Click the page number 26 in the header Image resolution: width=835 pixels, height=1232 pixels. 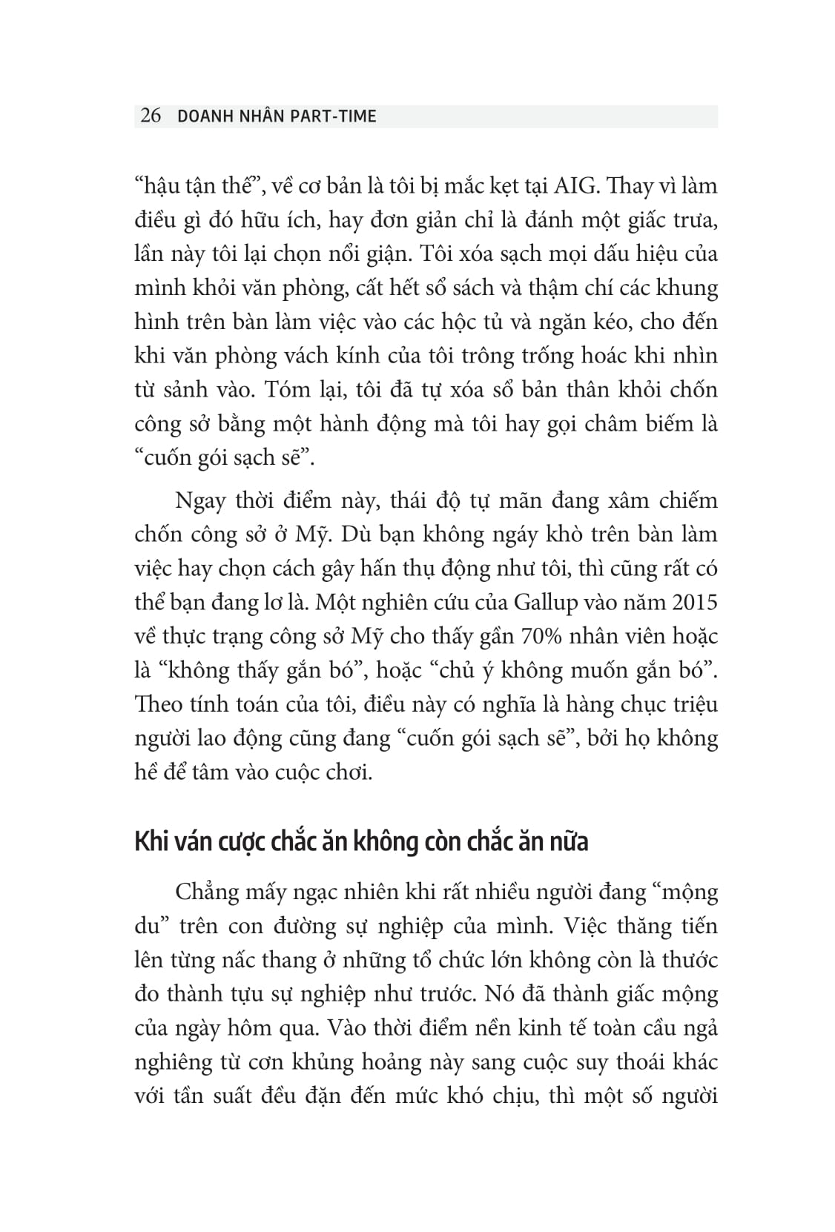click(151, 116)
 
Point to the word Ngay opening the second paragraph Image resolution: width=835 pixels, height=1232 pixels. click(199, 500)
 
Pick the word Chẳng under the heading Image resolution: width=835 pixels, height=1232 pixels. click(209, 892)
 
